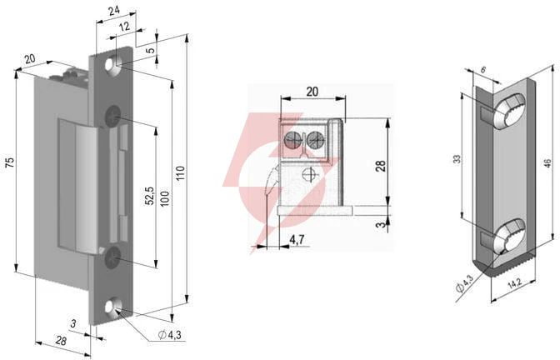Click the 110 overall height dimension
coord(181,172)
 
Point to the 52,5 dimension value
coord(150,196)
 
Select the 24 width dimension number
coord(114,11)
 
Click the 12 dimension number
coord(124,27)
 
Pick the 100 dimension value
coord(165,198)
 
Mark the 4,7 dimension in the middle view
coord(297,240)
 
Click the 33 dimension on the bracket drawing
coord(457,159)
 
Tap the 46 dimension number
coord(547,163)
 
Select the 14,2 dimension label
coord(514,283)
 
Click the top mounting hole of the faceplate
coord(112,67)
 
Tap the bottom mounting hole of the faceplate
coord(113,307)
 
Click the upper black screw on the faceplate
coord(112,116)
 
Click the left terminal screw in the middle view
coord(292,139)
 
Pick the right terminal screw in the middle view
coord(315,139)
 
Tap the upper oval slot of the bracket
coord(509,111)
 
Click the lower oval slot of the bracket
coord(509,237)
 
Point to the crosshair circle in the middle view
coord(308,175)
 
